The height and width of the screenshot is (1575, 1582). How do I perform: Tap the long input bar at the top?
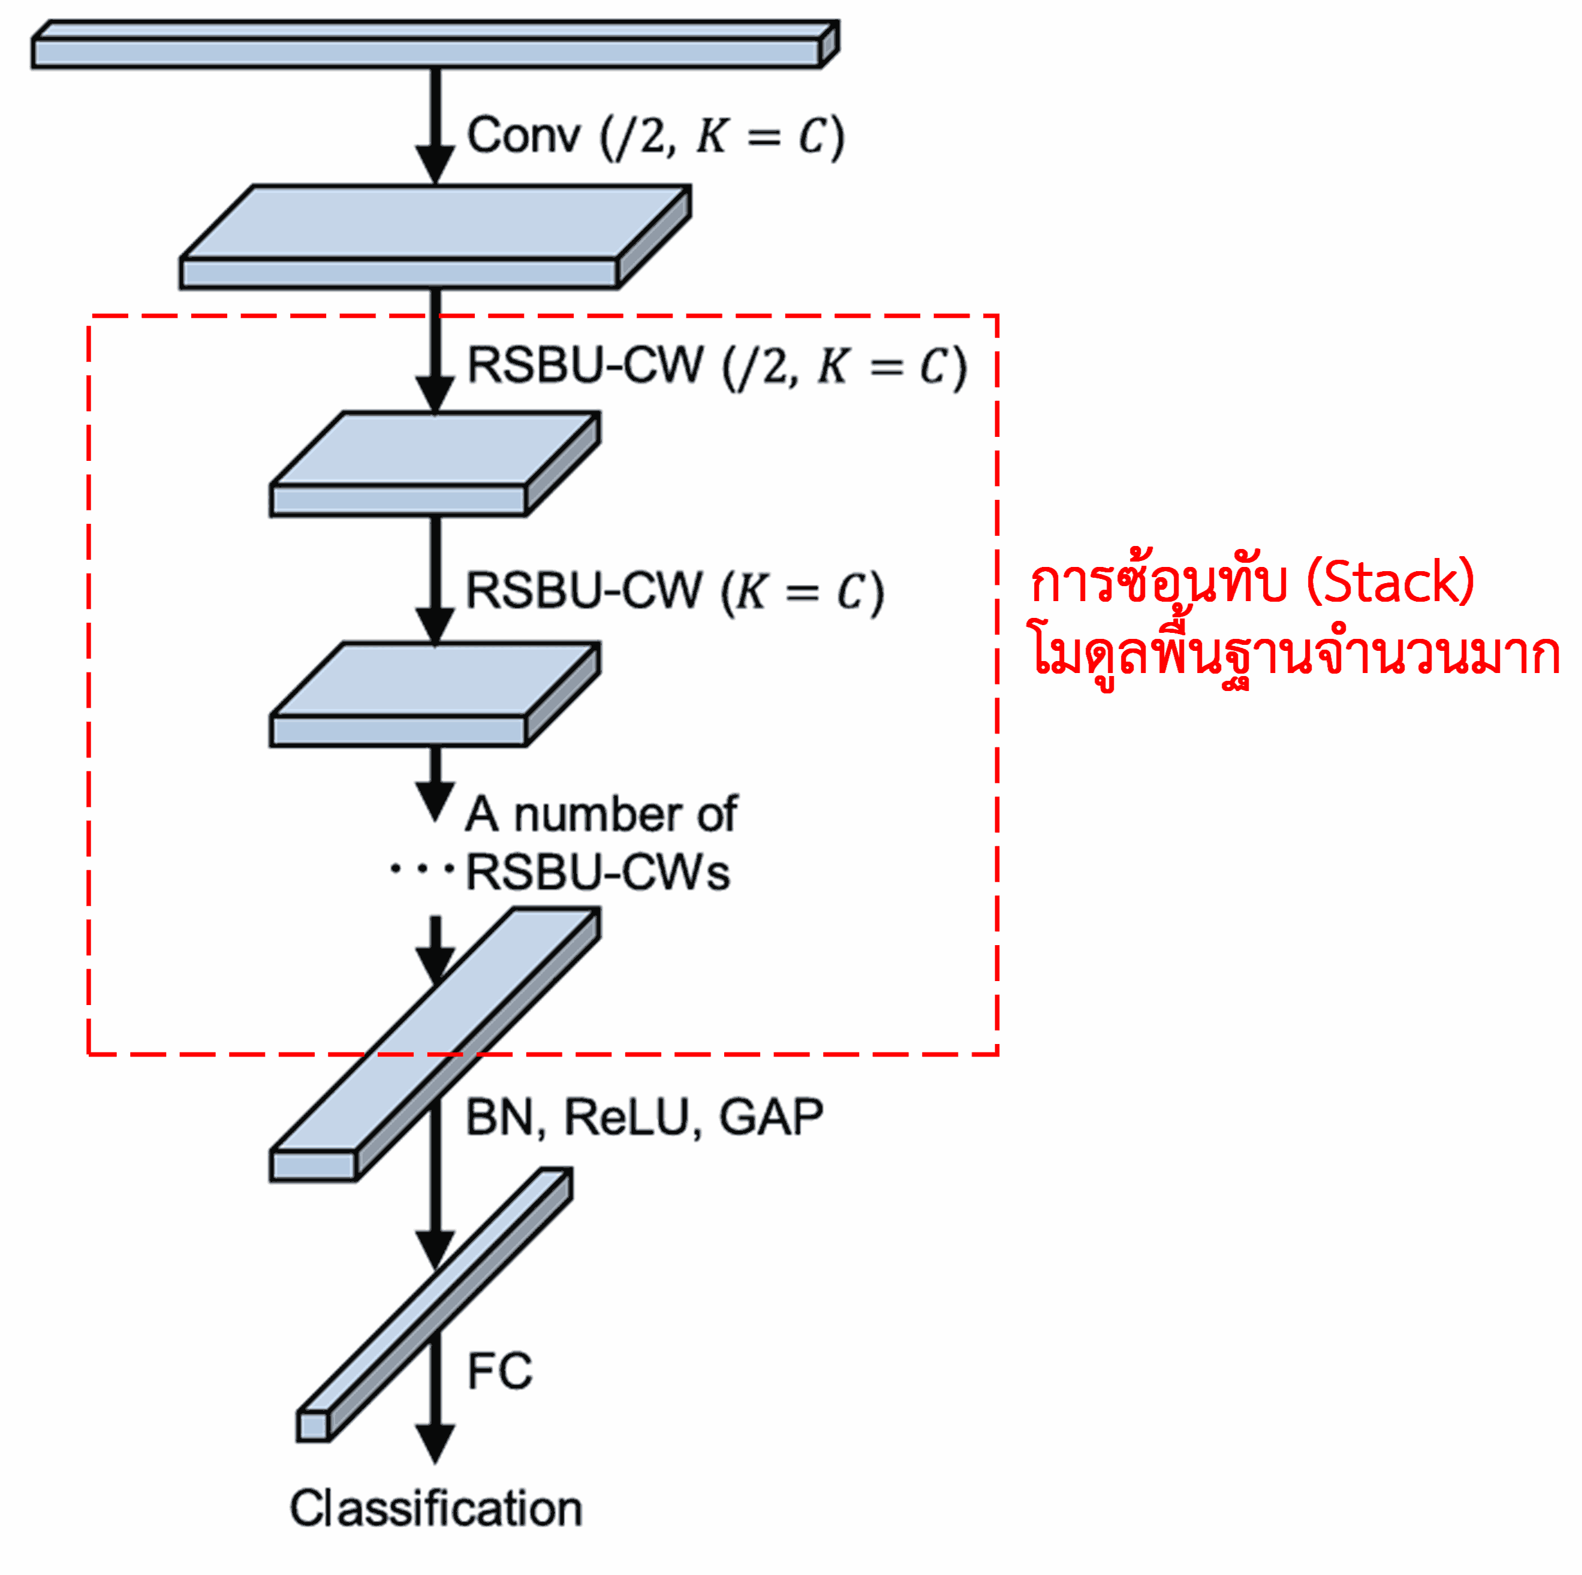point(426,52)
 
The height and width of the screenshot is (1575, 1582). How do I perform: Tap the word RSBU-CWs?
point(597,873)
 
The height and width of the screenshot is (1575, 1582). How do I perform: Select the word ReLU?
point(626,1117)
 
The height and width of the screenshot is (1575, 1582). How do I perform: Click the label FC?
point(499,1371)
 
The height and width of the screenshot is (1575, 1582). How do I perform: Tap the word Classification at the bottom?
point(436,1508)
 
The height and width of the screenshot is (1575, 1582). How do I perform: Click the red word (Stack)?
point(1390,583)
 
